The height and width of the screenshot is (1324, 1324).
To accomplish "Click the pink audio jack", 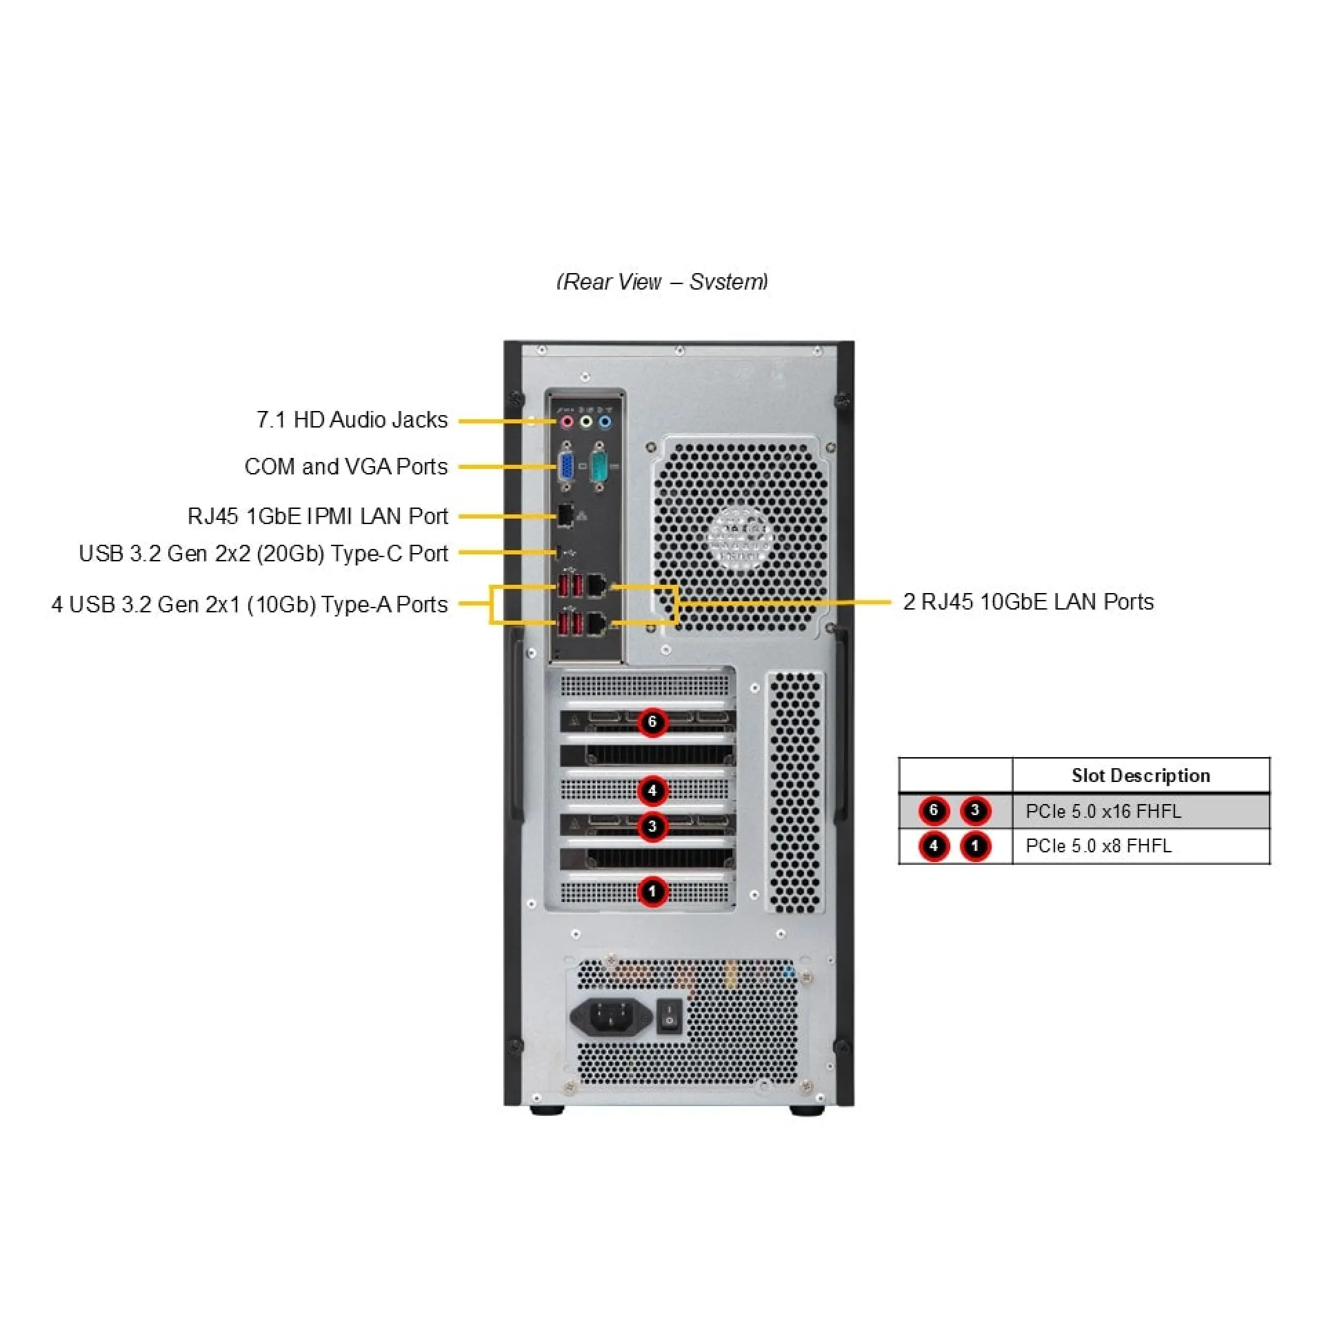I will (x=566, y=421).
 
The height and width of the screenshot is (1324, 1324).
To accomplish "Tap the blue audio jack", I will (x=605, y=421).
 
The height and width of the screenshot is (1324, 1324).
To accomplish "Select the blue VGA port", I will (x=565, y=468).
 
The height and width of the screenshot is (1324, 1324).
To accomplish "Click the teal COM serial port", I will (x=599, y=468).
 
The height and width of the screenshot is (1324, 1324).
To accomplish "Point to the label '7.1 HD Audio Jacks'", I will (x=352, y=420).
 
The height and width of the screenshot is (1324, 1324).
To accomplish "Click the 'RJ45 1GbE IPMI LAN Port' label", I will (x=317, y=516).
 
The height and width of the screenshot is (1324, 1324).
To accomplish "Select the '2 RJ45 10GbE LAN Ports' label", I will (x=1027, y=602).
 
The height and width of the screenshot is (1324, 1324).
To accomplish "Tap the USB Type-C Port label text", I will (x=263, y=554).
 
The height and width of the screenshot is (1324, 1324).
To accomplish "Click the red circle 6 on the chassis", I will (x=652, y=722).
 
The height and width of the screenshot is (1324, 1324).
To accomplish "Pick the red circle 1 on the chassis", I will (x=652, y=891).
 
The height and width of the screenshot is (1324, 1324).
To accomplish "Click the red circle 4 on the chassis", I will (x=652, y=790).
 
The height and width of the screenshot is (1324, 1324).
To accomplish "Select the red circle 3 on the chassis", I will (x=652, y=826).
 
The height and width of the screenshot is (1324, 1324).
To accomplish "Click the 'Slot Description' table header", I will (x=1141, y=776).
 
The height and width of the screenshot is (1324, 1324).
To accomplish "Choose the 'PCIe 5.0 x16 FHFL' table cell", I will (x=1103, y=811).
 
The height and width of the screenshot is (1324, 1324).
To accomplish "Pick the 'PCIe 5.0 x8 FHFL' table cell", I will (x=1099, y=846).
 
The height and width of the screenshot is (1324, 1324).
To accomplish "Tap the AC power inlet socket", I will (x=611, y=1016).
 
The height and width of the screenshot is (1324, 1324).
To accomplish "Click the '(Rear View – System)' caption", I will (x=662, y=282).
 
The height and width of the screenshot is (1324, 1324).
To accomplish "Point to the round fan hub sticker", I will (x=740, y=538).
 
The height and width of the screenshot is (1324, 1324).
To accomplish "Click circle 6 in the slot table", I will (x=934, y=810).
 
